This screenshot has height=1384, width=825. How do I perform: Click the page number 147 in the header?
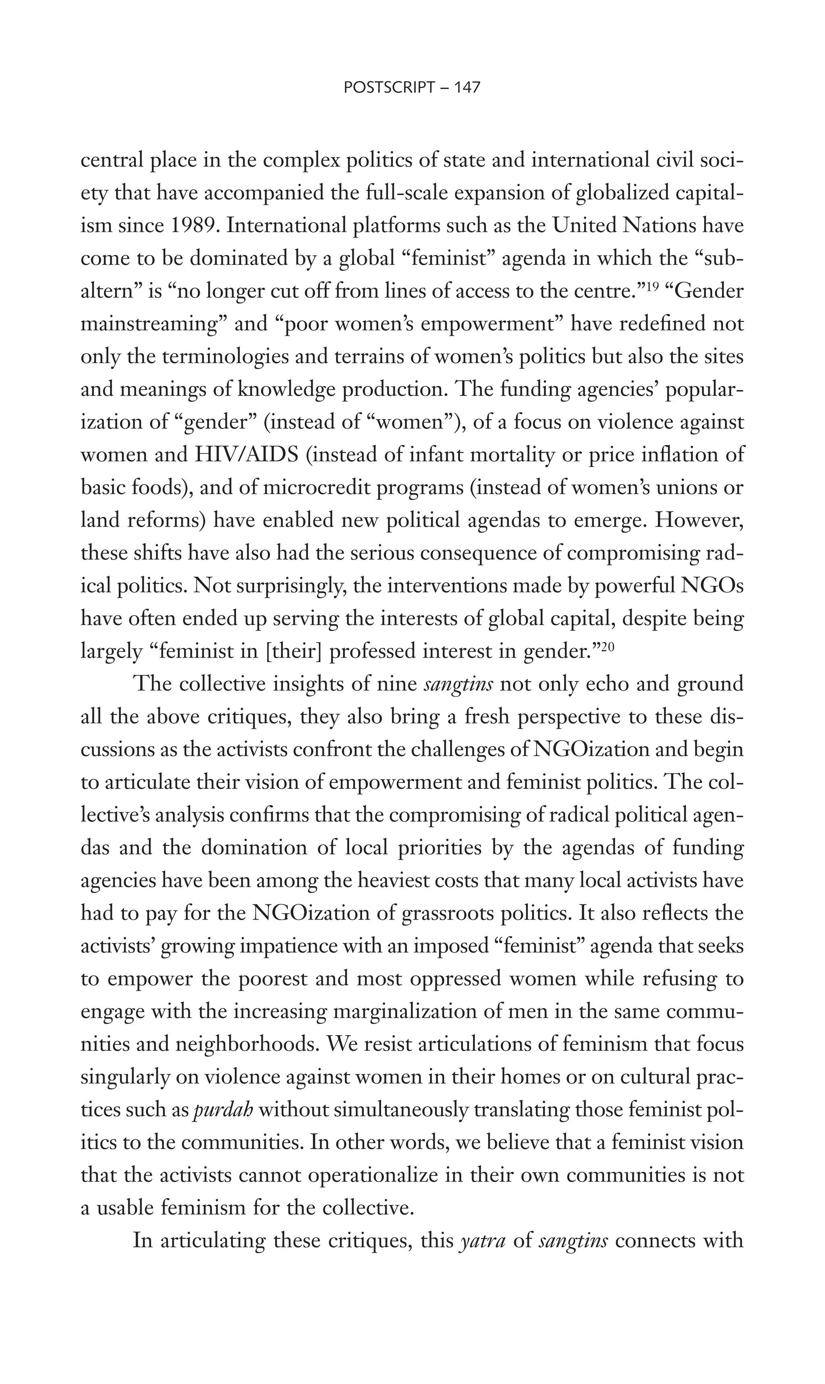point(467,87)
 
